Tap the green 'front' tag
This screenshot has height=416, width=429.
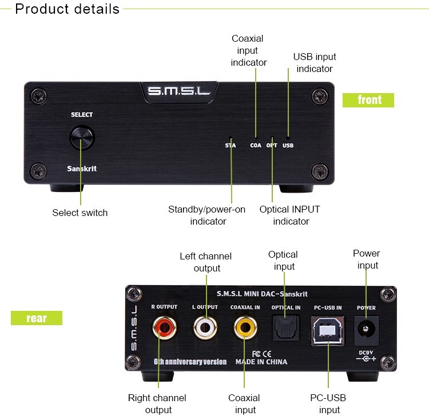tap(368, 100)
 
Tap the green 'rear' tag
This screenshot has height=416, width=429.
tap(37, 318)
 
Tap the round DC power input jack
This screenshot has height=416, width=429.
tap(365, 328)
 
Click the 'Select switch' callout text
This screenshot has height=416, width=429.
tap(80, 213)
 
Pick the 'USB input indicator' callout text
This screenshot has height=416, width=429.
tap(315, 63)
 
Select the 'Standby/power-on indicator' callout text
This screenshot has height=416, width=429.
tap(207, 215)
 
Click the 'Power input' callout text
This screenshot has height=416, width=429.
tap(366, 259)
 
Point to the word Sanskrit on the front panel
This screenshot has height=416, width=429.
tap(80, 169)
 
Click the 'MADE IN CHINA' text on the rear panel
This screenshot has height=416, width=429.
tap(261, 361)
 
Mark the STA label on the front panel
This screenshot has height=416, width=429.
tap(231, 145)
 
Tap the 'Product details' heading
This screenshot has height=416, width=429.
tap(67, 9)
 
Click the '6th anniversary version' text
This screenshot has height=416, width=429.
tap(190, 361)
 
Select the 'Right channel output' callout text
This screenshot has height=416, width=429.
tap(158, 403)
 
